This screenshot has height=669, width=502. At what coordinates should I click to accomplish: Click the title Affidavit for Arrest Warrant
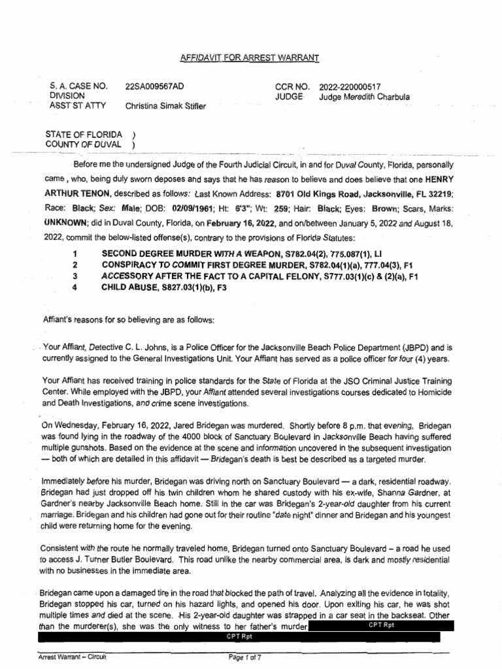point(249,58)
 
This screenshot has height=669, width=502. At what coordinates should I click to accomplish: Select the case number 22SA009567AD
point(154,86)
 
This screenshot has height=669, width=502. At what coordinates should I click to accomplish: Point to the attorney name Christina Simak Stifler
point(165,106)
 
